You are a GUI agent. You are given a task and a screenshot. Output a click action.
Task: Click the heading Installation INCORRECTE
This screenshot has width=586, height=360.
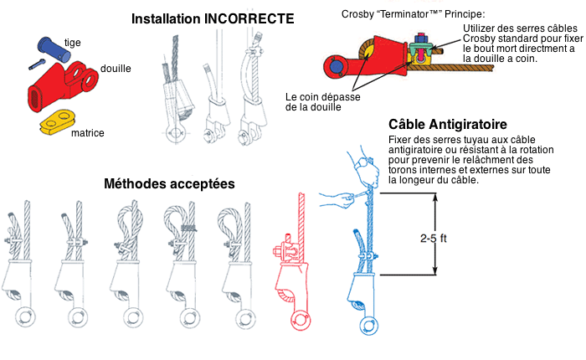213,18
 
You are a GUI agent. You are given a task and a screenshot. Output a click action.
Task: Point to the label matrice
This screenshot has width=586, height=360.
88,132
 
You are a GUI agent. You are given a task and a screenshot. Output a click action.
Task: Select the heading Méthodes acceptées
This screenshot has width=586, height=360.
169,183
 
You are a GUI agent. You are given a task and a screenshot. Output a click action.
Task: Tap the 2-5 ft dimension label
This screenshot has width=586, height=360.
455,238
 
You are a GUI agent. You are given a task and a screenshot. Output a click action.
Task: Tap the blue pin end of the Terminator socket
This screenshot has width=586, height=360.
337,65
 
